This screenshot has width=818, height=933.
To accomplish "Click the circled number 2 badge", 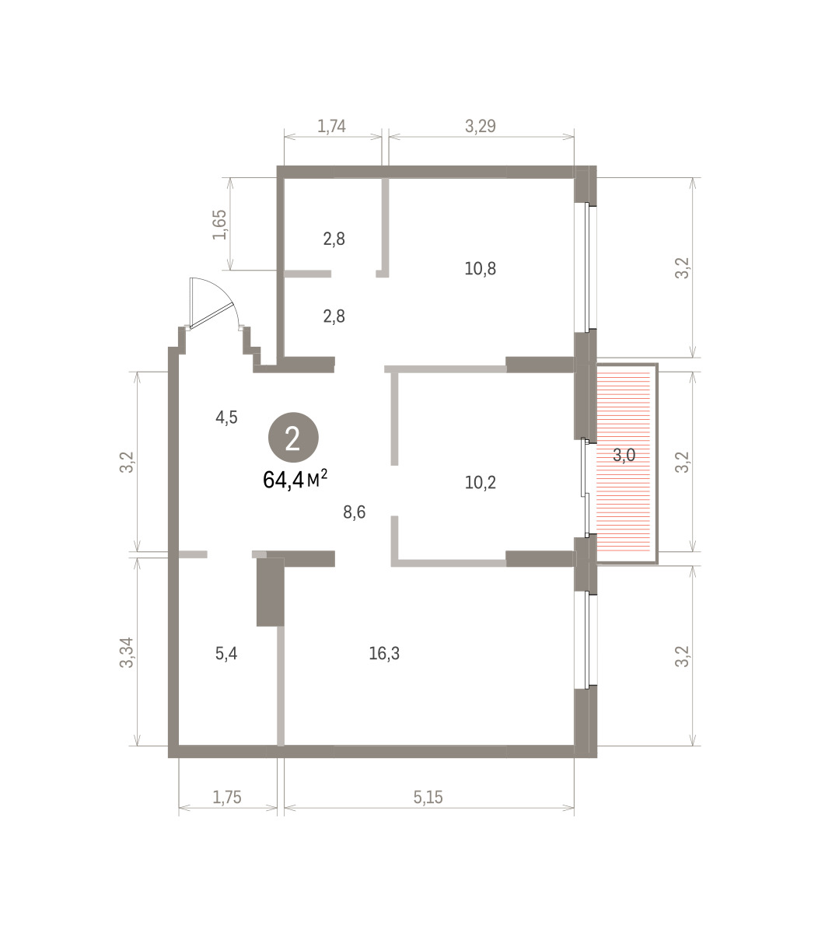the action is click(x=293, y=437).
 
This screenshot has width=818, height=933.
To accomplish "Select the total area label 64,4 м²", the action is click(x=295, y=480).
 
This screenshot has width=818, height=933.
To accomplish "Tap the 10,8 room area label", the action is click(x=480, y=268).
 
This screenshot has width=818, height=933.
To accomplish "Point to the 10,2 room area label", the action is click(x=480, y=482).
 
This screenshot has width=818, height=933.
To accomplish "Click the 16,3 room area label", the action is click(x=384, y=653).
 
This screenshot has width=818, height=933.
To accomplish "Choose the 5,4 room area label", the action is click(x=226, y=653).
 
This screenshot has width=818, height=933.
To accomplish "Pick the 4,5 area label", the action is click(x=226, y=418).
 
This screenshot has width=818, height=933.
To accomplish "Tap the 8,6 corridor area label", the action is click(x=355, y=512).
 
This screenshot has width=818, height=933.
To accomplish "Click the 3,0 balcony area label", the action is click(x=624, y=455).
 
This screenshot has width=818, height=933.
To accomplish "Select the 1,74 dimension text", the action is click(x=331, y=126).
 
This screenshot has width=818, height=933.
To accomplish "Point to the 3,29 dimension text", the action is click(x=480, y=126).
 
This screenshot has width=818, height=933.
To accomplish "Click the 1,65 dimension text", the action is click(x=220, y=224).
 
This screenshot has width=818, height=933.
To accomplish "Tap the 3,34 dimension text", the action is click(x=126, y=652).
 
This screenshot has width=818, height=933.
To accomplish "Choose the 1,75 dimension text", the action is click(x=226, y=797).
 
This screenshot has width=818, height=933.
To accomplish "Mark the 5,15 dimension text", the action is click(x=428, y=797).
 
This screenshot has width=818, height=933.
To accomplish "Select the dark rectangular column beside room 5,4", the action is click(x=271, y=592).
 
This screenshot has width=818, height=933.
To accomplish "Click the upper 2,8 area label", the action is click(x=334, y=239).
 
